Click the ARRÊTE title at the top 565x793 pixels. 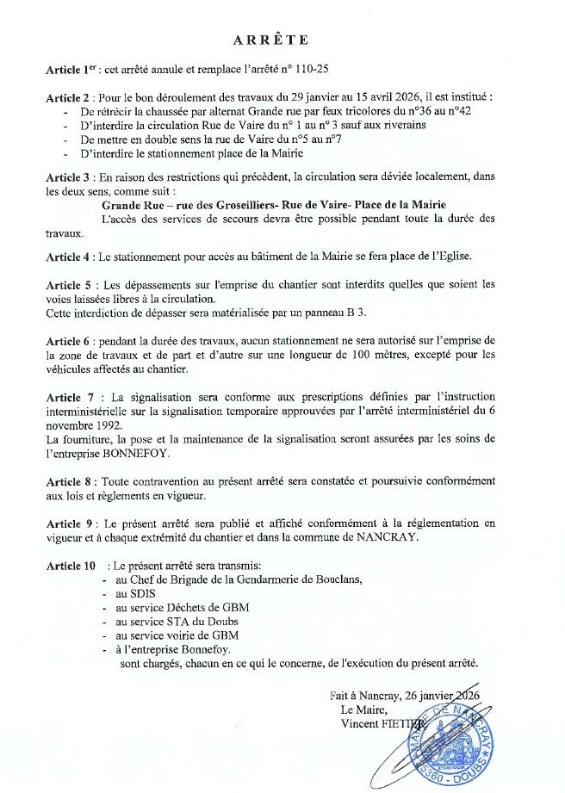[x=270, y=40]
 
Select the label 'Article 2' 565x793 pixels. [x=68, y=99]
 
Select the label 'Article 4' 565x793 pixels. [x=68, y=257]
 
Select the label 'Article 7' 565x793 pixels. [x=68, y=397]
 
